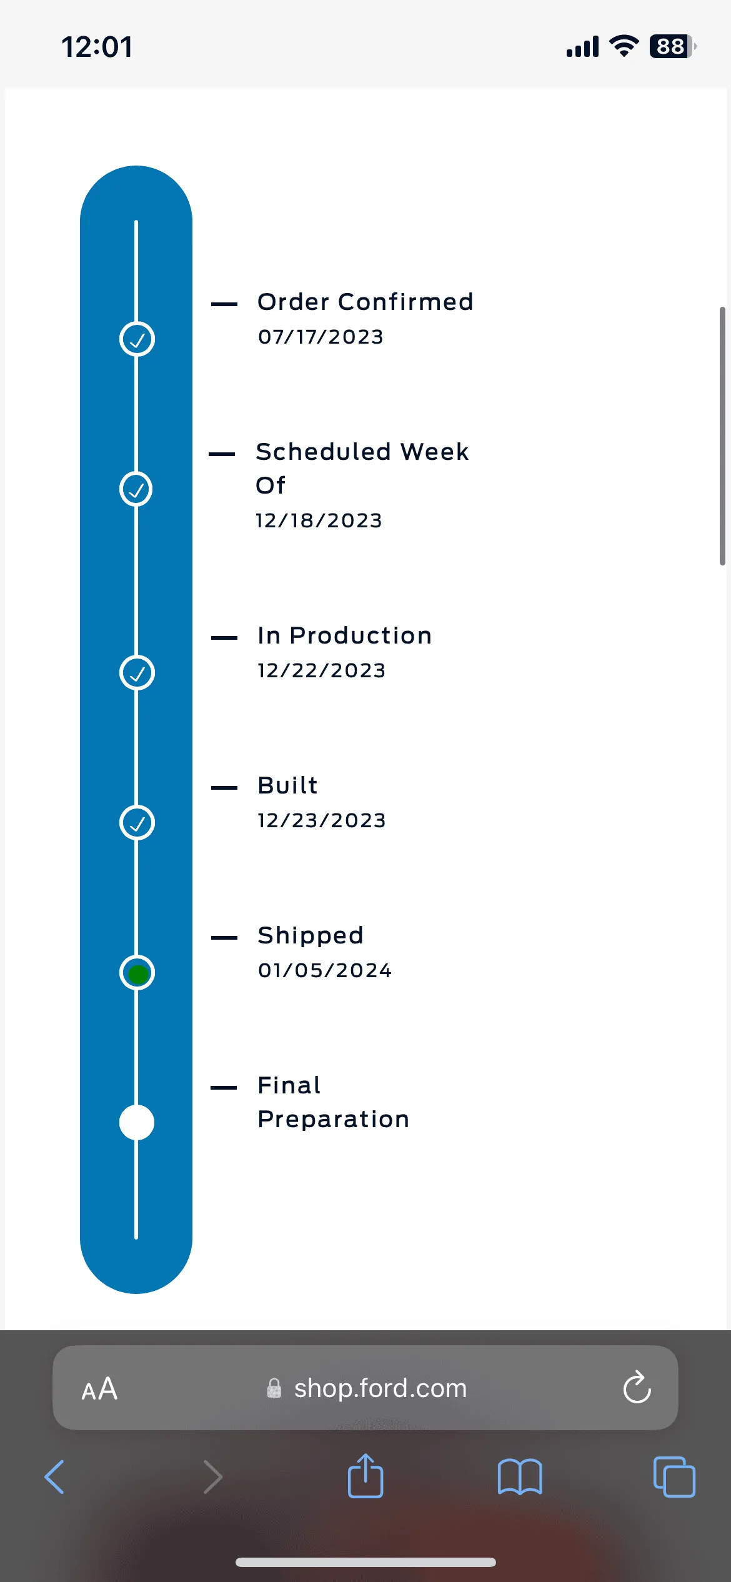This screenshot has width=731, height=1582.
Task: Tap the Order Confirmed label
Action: coord(365,302)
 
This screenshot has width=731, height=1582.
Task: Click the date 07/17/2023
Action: coord(321,337)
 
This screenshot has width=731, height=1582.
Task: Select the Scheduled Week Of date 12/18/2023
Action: coord(319,520)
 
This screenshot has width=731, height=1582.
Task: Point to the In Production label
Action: coord(344,635)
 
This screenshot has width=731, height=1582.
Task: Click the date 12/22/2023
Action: coord(322,670)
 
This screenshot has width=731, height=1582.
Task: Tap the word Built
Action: coord(288,785)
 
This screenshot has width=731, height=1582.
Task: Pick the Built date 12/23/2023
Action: coord(322,820)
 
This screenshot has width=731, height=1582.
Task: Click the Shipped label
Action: coord(311,935)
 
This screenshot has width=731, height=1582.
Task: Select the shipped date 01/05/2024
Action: coord(325,970)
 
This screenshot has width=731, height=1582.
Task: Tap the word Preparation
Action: coord(334,1119)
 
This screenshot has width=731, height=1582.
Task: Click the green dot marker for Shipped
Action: coord(137,973)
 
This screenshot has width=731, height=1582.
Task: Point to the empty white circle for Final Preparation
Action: coord(137,1123)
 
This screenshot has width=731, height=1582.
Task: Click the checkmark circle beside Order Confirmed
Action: coord(137,339)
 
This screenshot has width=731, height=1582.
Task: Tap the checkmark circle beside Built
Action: coord(137,823)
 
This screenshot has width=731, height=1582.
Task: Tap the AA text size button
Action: coord(99,1389)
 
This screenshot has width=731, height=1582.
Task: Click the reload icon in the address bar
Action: coord(637,1388)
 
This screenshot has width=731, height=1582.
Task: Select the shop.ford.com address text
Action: coord(380,1388)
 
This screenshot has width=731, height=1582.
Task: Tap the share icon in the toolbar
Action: coord(365,1476)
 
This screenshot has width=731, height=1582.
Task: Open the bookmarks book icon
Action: coord(520,1477)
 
